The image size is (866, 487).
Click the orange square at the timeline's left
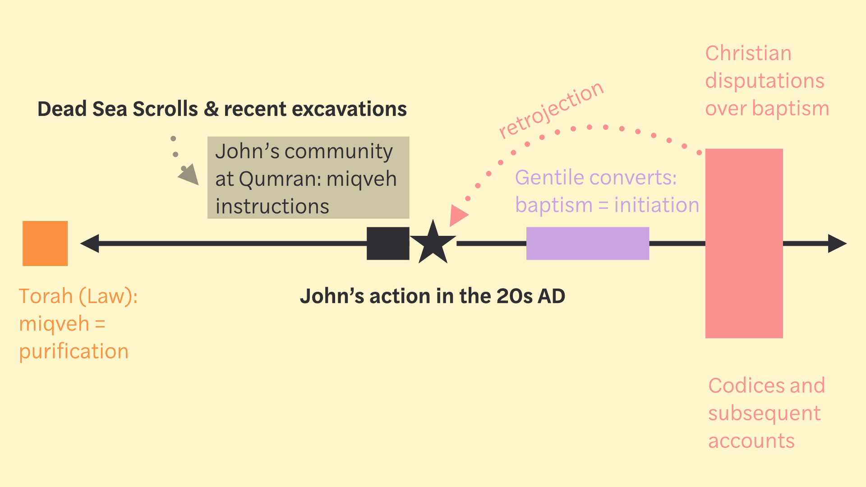(45, 243)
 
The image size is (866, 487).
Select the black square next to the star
(388, 243)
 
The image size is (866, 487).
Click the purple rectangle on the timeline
(587, 243)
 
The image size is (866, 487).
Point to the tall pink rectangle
(744, 243)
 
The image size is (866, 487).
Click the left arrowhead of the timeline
(90, 243)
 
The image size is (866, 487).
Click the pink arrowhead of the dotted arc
(458, 216)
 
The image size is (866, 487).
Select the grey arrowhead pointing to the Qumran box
(190, 175)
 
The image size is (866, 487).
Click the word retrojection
(551, 110)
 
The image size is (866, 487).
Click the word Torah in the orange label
(46, 296)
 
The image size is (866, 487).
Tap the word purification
(74, 352)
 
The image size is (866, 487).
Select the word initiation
(657, 205)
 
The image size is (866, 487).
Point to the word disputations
(765, 81)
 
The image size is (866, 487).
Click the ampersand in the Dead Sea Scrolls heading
(211, 109)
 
